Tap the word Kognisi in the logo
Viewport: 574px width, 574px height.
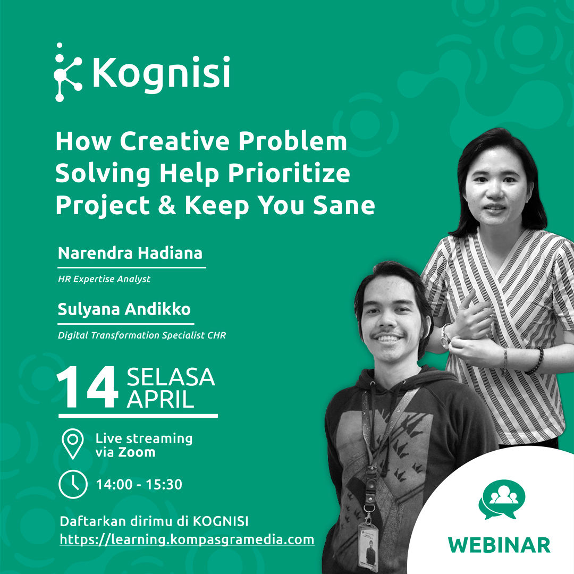click(x=162, y=73)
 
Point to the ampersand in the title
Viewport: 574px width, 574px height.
click(x=167, y=205)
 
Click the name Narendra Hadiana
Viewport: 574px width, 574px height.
click(x=130, y=253)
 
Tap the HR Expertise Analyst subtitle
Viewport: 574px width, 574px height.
click(x=104, y=280)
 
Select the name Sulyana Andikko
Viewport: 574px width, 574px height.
click(x=124, y=309)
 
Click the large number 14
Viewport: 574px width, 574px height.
click(x=88, y=387)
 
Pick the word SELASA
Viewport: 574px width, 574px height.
click(x=171, y=377)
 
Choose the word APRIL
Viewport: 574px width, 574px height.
click(x=161, y=399)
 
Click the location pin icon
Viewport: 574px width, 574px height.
click(x=73, y=444)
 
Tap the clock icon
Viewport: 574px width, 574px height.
click(x=73, y=484)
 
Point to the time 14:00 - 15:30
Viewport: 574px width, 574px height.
click(x=139, y=485)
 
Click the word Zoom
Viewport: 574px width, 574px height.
click(x=136, y=452)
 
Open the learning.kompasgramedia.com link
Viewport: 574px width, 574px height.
click(x=187, y=539)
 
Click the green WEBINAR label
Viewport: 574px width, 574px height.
click(x=499, y=545)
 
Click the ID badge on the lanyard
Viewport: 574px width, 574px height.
click(x=368, y=547)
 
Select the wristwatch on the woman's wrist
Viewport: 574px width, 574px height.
click(x=445, y=337)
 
